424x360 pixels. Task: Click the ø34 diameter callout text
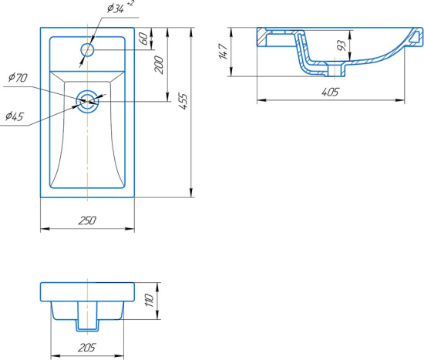pos(116,8)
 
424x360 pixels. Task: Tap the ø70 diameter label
pos(18,78)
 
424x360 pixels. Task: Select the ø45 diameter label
pos(15,116)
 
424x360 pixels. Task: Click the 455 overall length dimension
pos(183,101)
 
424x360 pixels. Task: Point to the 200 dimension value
pos(159,65)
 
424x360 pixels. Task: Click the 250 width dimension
pos(87,220)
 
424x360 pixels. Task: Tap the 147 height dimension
pos(224,51)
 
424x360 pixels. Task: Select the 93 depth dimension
pos(342,45)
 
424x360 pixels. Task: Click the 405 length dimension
pos(330,93)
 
